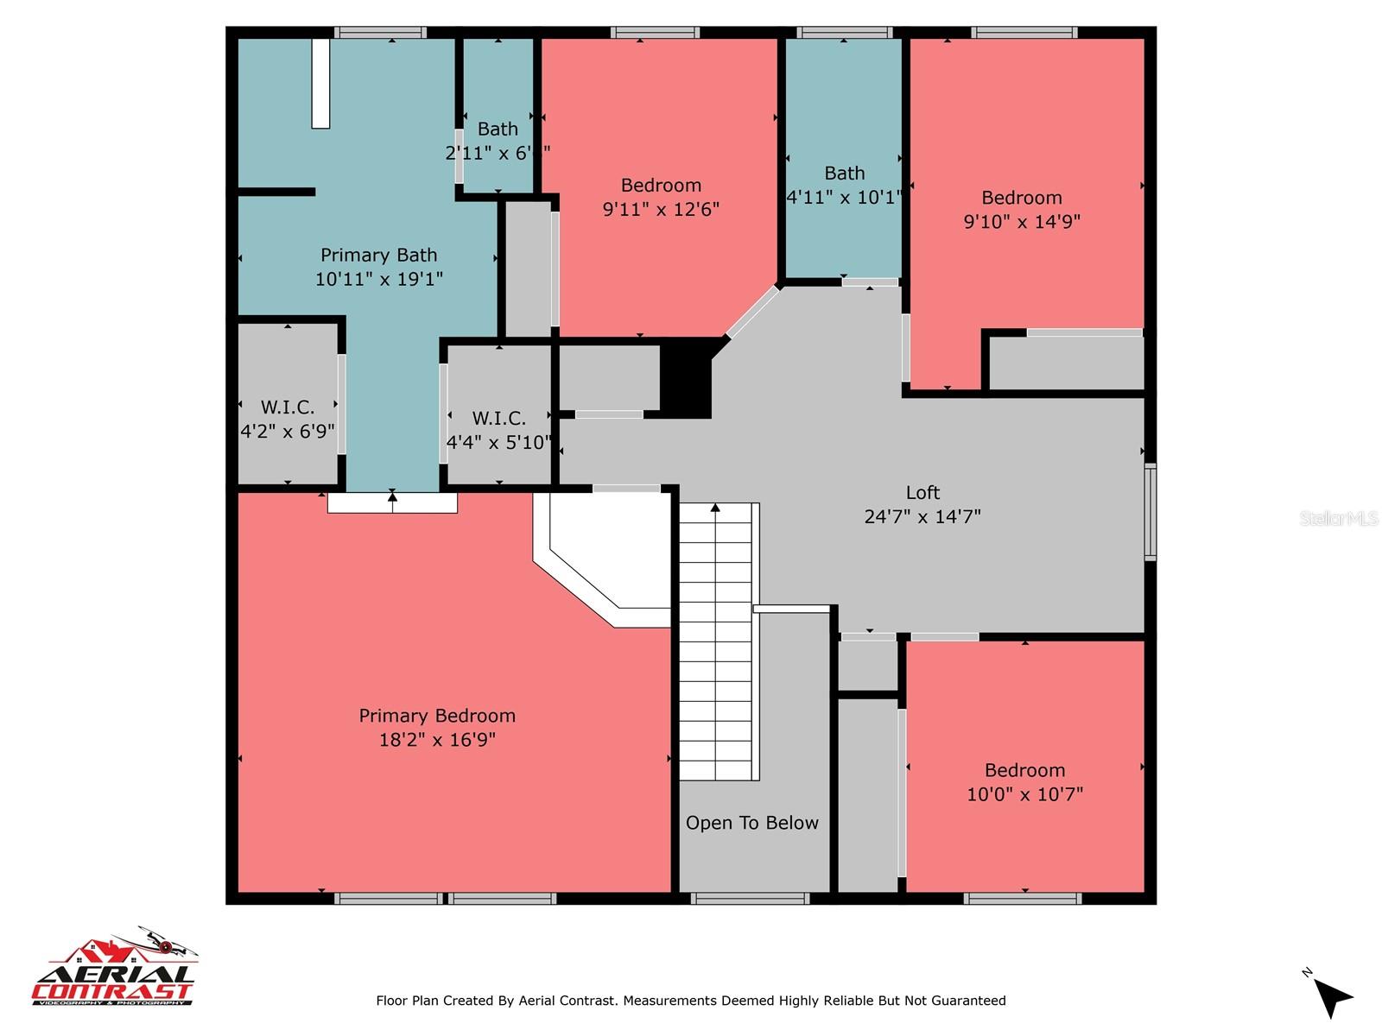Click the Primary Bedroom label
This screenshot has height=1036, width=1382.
pos(437,716)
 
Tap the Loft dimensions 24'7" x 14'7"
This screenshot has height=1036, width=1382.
pos(922,516)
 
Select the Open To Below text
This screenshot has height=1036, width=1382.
pos(751,823)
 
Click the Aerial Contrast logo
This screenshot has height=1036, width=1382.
pos(115,969)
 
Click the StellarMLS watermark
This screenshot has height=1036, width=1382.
pos(1338,518)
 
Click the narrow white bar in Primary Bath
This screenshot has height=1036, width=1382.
pos(320,84)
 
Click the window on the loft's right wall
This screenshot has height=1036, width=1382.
pos(1150,512)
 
